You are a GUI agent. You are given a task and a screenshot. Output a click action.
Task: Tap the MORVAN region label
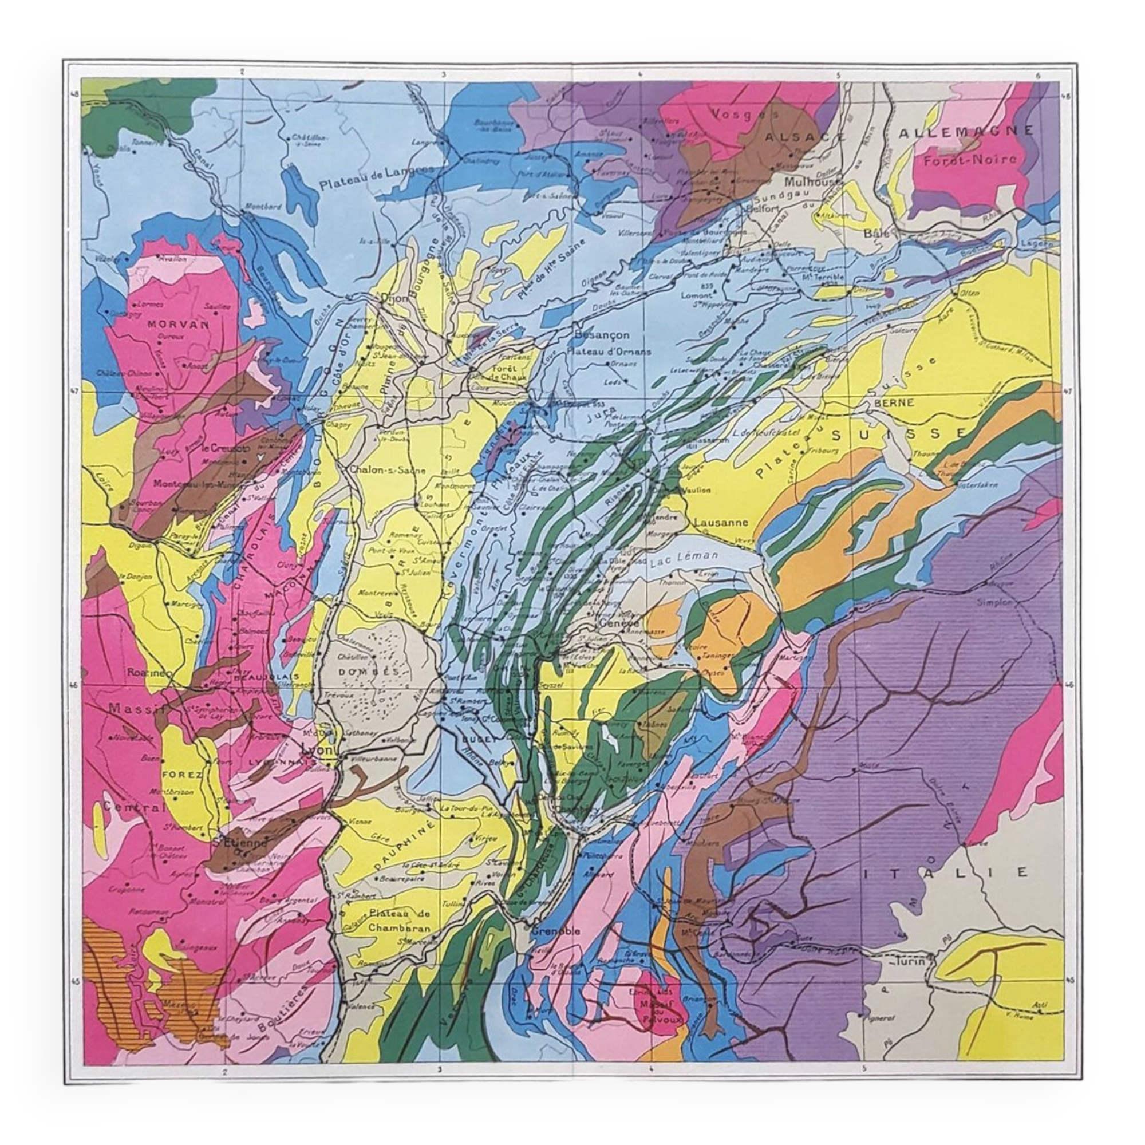[172, 325]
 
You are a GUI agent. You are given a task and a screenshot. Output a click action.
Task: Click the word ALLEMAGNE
[966, 132]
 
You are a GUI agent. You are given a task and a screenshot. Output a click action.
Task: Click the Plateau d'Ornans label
[609, 352]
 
